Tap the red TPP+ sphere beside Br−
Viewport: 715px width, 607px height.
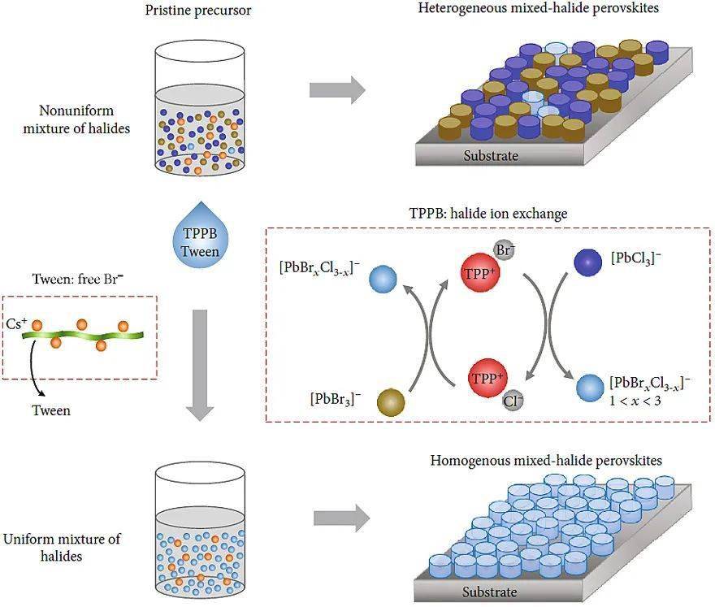(478, 274)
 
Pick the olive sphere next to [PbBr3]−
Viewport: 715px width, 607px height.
(391, 401)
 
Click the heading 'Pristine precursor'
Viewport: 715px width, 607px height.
(200, 11)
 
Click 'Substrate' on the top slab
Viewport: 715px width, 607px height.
(490, 155)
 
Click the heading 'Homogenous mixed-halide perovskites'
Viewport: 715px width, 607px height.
(545, 461)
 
